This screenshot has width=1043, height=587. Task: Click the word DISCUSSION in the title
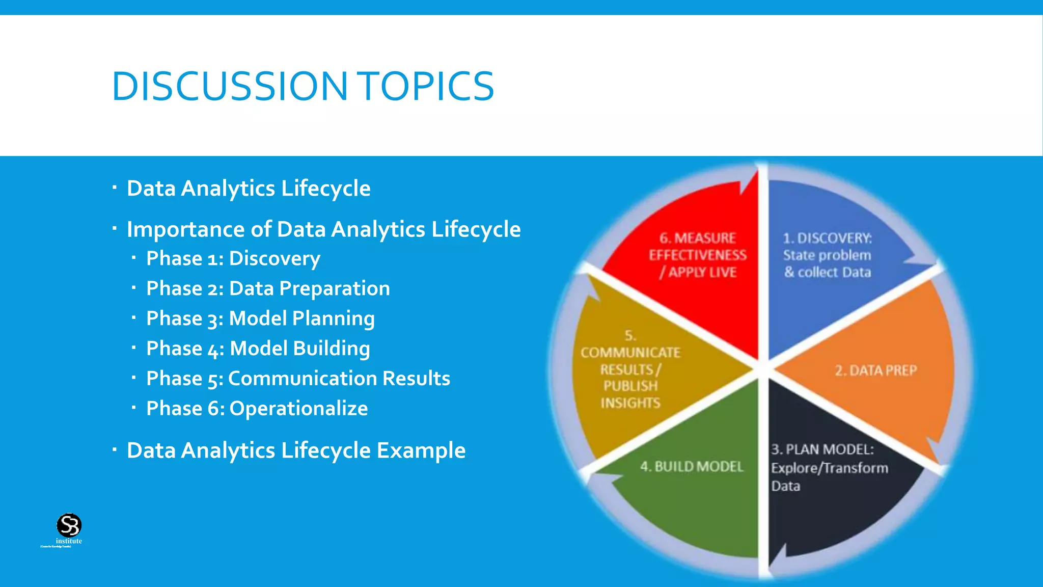229,86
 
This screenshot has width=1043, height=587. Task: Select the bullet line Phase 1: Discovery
233,259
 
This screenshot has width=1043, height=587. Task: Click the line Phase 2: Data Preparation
267,289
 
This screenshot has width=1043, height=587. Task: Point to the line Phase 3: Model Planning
260,319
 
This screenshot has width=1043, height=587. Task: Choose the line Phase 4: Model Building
258,349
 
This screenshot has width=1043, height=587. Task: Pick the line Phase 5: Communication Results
298,379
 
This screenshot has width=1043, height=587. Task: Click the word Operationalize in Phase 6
298,409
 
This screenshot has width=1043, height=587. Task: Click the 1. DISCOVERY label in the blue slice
827,238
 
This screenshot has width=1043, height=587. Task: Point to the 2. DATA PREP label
875,370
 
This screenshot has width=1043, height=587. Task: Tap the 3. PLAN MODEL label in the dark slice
822,449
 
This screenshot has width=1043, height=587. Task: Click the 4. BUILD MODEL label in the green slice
692,467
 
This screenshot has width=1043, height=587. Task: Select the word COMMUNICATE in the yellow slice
630,353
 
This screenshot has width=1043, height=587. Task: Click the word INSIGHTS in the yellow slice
630,403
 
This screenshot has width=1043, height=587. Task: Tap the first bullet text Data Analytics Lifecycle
249,189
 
